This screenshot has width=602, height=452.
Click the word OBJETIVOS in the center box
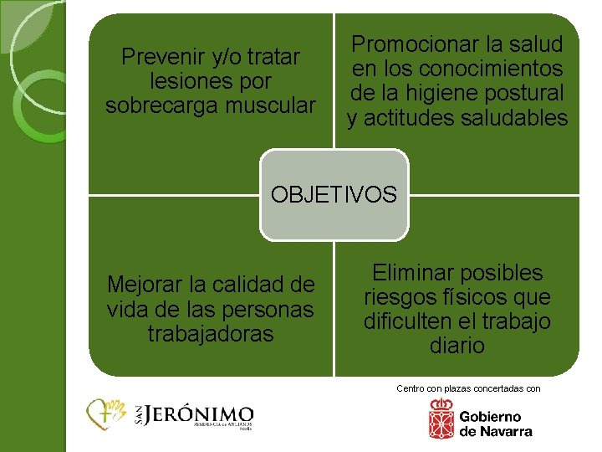[x=334, y=195]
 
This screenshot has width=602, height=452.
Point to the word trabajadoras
[x=210, y=333]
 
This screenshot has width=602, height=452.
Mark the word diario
[x=457, y=346]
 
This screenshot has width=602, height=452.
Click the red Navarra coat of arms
[x=441, y=419]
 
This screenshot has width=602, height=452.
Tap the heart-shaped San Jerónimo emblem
[x=106, y=414]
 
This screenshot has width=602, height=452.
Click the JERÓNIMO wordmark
[x=200, y=414]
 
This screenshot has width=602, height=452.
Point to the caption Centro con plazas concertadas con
[x=468, y=388]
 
